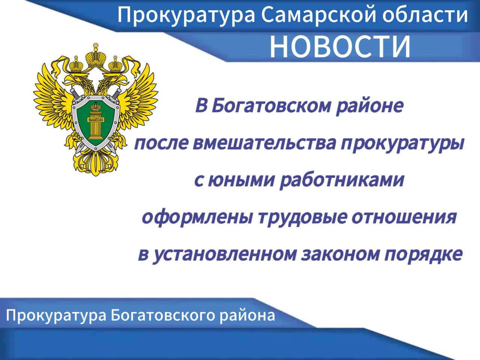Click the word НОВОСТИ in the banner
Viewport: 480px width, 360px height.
click(x=340, y=46)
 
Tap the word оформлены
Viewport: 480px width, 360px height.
click(x=198, y=218)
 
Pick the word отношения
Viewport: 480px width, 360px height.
click(x=404, y=218)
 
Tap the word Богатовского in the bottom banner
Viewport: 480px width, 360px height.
click(x=162, y=315)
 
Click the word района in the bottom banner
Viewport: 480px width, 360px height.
click(x=247, y=316)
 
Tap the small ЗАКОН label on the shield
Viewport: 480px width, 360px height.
click(x=96, y=120)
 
